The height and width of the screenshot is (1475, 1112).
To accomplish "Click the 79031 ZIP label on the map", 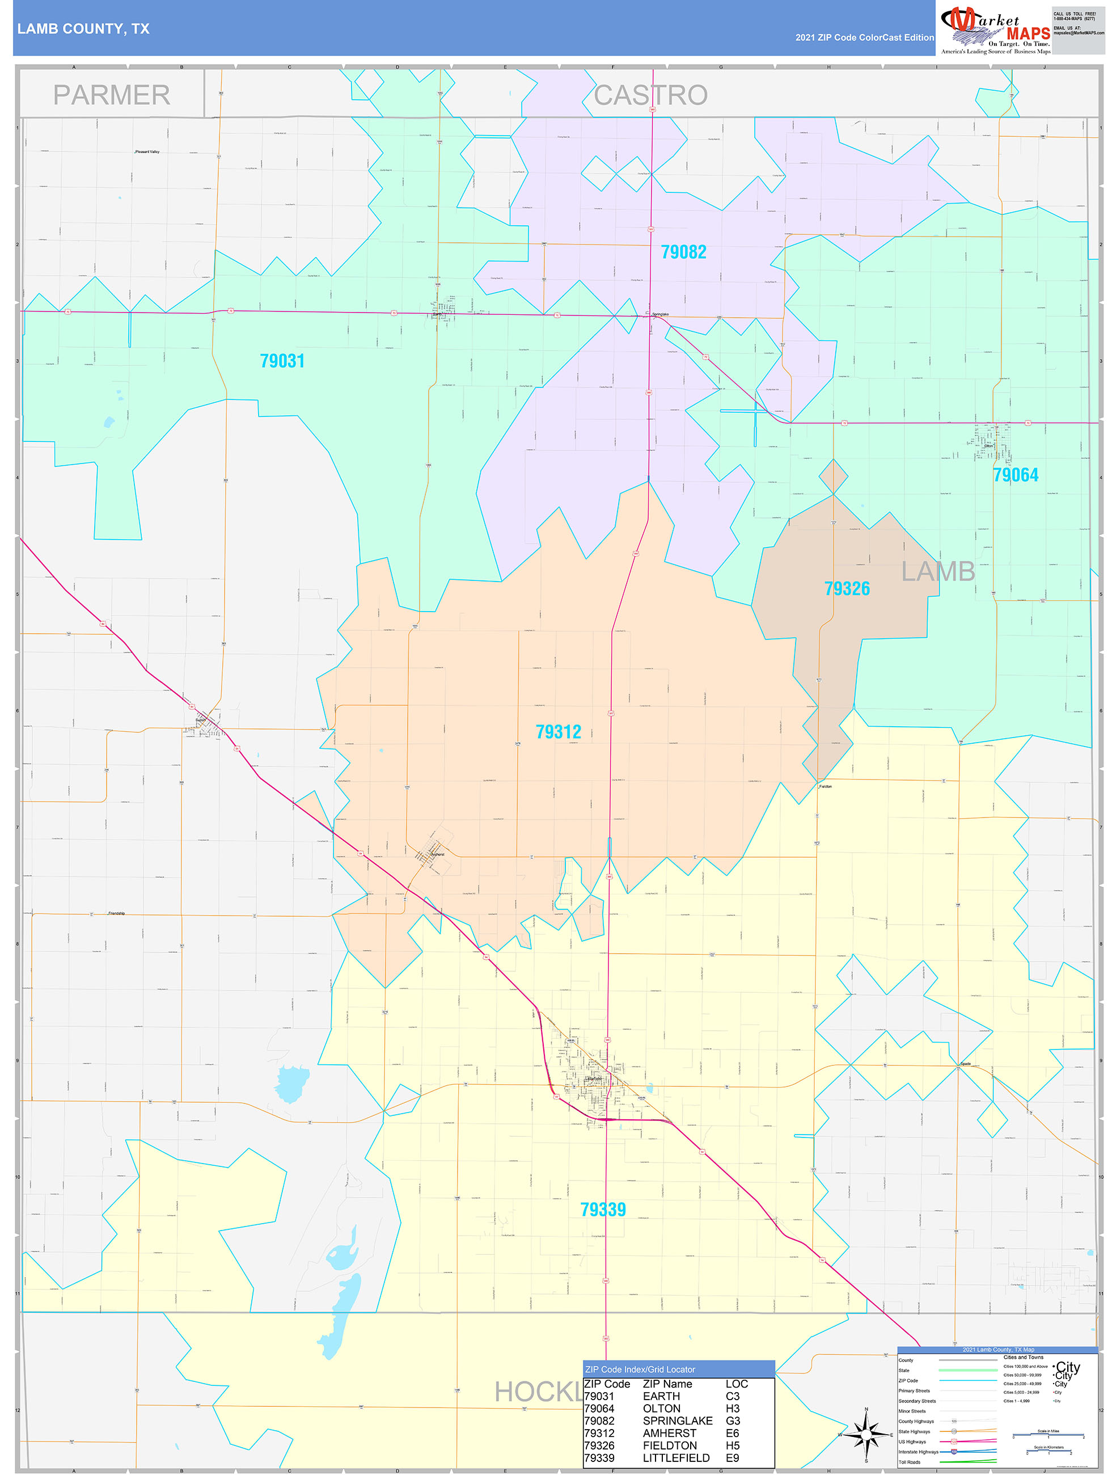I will [x=282, y=361].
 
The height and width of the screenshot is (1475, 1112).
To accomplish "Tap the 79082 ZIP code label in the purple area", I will [x=683, y=252].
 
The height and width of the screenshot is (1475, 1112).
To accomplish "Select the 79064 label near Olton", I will [x=1016, y=475].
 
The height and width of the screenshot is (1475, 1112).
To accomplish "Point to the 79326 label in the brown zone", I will [x=847, y=589].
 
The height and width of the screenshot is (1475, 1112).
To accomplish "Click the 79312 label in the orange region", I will [x=558, y=732].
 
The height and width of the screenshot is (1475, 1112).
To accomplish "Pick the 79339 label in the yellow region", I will [x=603, y=1209].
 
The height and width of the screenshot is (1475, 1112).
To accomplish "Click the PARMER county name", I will [x=111, y=95].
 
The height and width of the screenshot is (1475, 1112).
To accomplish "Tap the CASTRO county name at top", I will [x=650, y=95].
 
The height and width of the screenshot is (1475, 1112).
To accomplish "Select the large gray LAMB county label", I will [x=938, y=572].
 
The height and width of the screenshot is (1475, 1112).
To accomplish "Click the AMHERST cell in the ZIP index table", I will [x=669, y=1433].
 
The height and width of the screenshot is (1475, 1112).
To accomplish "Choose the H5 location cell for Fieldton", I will [x=732, y=1445].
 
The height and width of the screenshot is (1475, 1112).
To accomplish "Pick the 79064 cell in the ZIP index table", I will [x=599, y=1408].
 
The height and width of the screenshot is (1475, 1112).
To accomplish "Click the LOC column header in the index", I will [x=736, y=1384].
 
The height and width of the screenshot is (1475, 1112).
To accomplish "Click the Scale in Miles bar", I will [x=1048, y=1434].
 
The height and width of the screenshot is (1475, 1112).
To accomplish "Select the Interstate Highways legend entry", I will [x=918, y=1452].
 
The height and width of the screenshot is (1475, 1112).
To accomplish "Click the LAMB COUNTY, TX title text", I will [x=83, y=29].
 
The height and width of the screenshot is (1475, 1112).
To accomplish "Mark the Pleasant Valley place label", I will [x=147, y=152].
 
